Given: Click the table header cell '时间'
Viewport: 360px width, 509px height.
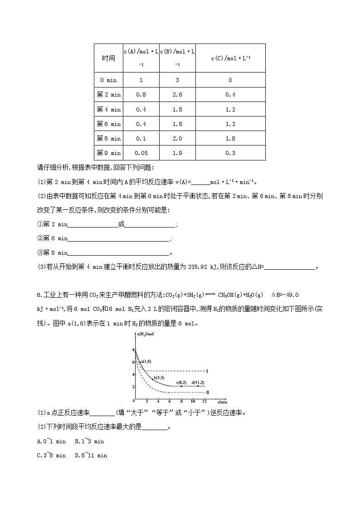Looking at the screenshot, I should (108, 58).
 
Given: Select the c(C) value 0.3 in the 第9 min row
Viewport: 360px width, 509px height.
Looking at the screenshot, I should (230, 153).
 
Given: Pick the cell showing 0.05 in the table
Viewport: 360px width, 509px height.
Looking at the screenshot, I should (141, 153).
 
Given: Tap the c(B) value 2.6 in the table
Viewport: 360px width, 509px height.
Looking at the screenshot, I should (177, 95).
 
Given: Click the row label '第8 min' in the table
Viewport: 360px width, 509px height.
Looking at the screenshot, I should (108, 138).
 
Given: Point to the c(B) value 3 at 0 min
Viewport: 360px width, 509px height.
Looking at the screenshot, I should (177, 80).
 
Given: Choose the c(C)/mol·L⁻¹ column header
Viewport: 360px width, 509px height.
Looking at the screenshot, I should (230, 58).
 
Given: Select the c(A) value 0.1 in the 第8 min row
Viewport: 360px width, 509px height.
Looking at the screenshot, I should (141, 138).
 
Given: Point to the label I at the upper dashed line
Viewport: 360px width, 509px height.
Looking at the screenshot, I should (207, 371).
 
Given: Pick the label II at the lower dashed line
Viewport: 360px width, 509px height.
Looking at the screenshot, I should (207, 392).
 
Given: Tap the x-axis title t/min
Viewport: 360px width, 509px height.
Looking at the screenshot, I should (222, 402).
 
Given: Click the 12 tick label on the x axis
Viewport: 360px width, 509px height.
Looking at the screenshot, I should (204, 402).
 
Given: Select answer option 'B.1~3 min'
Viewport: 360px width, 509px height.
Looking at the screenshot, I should (89, 441).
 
